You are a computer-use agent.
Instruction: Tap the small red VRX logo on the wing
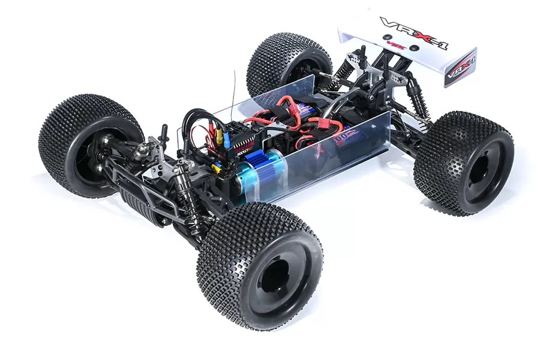(x=395, y=44)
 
